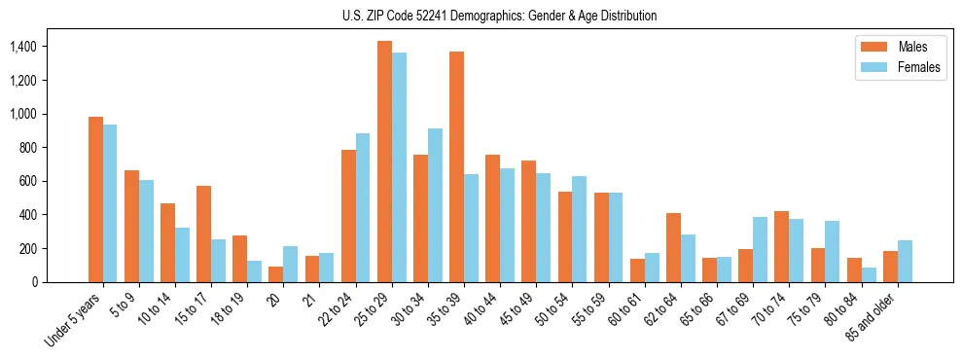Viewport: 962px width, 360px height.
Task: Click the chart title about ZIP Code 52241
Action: tap(499, 16)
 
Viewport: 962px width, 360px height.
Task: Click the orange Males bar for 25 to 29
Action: tap(384, 162)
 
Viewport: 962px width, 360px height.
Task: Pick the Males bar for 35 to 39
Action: tap(456, 166)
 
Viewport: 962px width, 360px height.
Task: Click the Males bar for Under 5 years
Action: tap(95, 199)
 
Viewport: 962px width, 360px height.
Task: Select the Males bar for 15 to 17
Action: tap(203, 234)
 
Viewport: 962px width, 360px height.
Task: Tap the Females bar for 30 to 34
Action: tap(435, 205)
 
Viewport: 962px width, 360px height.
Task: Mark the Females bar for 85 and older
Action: tap(904, 261)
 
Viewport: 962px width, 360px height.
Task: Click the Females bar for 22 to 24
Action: tap(363, 207)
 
